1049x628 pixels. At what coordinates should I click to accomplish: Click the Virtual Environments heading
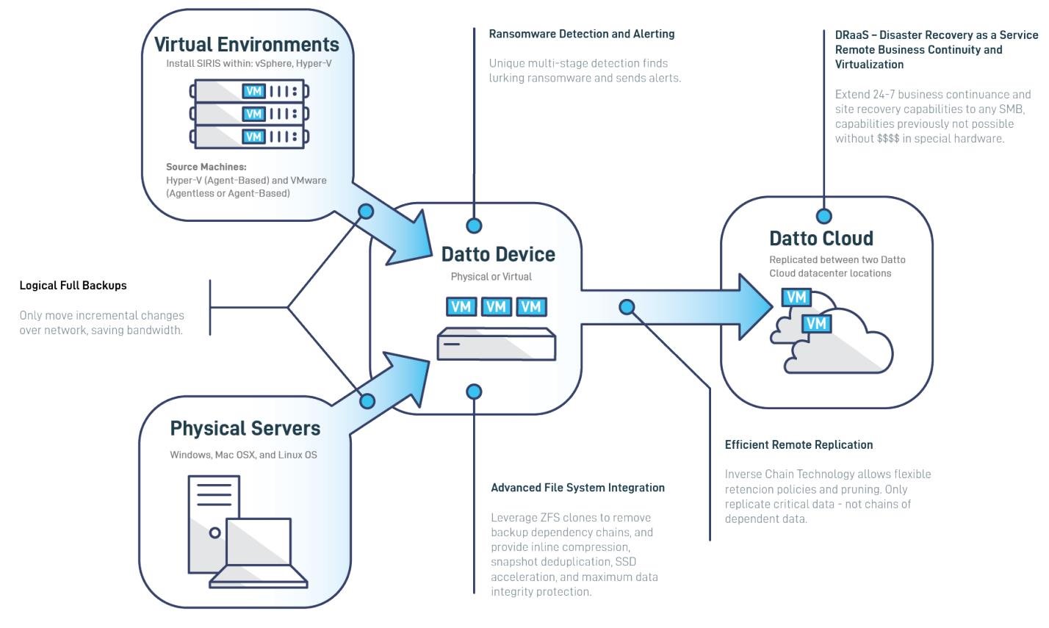point(246,44)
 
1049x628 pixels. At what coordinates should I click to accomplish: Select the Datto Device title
point(498,254)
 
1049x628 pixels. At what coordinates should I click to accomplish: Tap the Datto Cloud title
point(821,238)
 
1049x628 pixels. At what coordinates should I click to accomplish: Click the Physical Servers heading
point(245,428)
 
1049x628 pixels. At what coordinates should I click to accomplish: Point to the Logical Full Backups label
point(73,285)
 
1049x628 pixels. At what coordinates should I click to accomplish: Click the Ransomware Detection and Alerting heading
point(581,34)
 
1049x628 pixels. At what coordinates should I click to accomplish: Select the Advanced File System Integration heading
point(577,487)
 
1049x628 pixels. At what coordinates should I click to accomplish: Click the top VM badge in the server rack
point(253,91)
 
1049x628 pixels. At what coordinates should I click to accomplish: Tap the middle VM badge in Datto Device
point(496,306)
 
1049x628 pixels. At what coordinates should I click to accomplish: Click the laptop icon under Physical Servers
point(257,555)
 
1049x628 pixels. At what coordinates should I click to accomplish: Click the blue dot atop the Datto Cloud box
point(824,216)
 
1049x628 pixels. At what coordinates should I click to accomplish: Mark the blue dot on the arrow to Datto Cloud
point(627,306)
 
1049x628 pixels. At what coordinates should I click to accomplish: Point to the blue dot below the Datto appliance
point(475,391)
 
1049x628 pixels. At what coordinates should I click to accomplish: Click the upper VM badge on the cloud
point(796,297)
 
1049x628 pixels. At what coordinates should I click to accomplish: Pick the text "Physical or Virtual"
point(491,277)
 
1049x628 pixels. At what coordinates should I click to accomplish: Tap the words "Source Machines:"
point(206,167)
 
